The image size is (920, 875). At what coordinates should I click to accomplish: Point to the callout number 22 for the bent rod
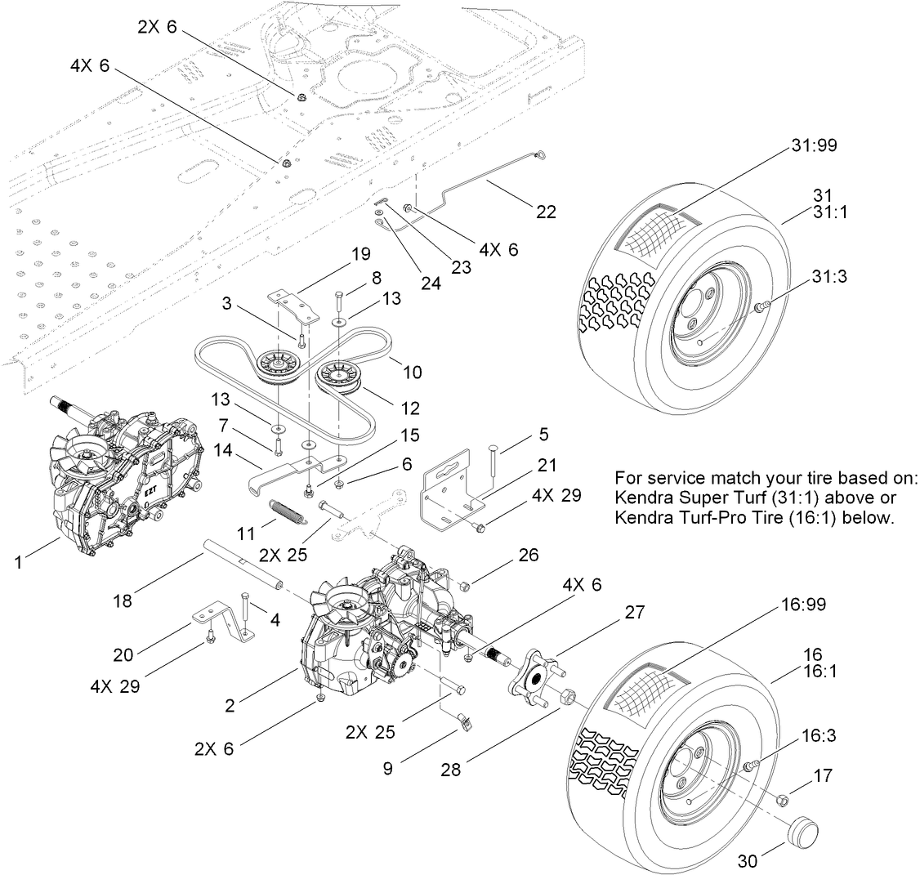click(x=545, y=212)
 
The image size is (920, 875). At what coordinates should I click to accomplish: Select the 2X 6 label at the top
click(x=157, y=27)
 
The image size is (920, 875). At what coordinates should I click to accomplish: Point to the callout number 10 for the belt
click(x=412, y=372)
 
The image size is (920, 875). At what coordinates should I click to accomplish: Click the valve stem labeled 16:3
click(x=750, y=765)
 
